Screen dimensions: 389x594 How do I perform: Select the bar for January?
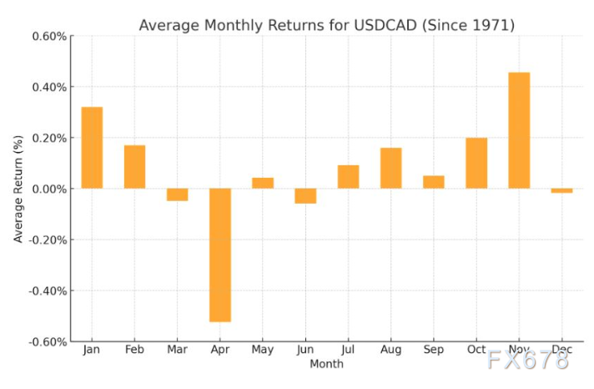pyautogui.click(x=92, y=148)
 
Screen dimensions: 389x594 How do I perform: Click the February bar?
pyautogui.click(x=134, y=167)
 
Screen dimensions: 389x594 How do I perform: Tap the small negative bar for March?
pyautogui.click(x=177, y=194)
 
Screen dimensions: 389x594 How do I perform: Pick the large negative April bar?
pyautogui.click(x=220, y=255)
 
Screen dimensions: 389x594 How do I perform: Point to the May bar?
pyautogui.click(x=263, y=183)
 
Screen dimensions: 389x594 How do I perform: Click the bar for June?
pyautogui.click(x=305, y=196)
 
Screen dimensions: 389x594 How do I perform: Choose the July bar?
pyautogui.click(x=348, y=177)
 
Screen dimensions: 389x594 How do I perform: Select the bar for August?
pyautogui.click(x=390, y=168)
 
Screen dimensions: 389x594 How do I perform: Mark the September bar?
pyautogui.click(x=434, y=182)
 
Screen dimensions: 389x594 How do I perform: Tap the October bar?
pyautogui.click(x=476, y=163)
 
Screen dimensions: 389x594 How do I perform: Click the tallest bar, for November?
pyautogui.click(x=519, y=130)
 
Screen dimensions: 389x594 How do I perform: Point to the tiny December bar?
pyautogui.click(x=561, y=190)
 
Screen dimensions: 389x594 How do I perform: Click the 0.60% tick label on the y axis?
pyautogui.click(x=49, y=36)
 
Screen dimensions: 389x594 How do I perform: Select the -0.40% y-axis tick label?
pyautogui.click(x=48, y=290)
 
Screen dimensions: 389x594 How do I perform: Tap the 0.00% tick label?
pyautogui.click(x=49, y=189)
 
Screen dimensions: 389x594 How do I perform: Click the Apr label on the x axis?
pyautogui.click(x=220, y=350)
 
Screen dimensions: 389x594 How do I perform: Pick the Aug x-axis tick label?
pyautogui.click(x=390, y=350)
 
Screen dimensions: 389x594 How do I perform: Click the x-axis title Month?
pyautogui.click(x=326, y=364)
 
